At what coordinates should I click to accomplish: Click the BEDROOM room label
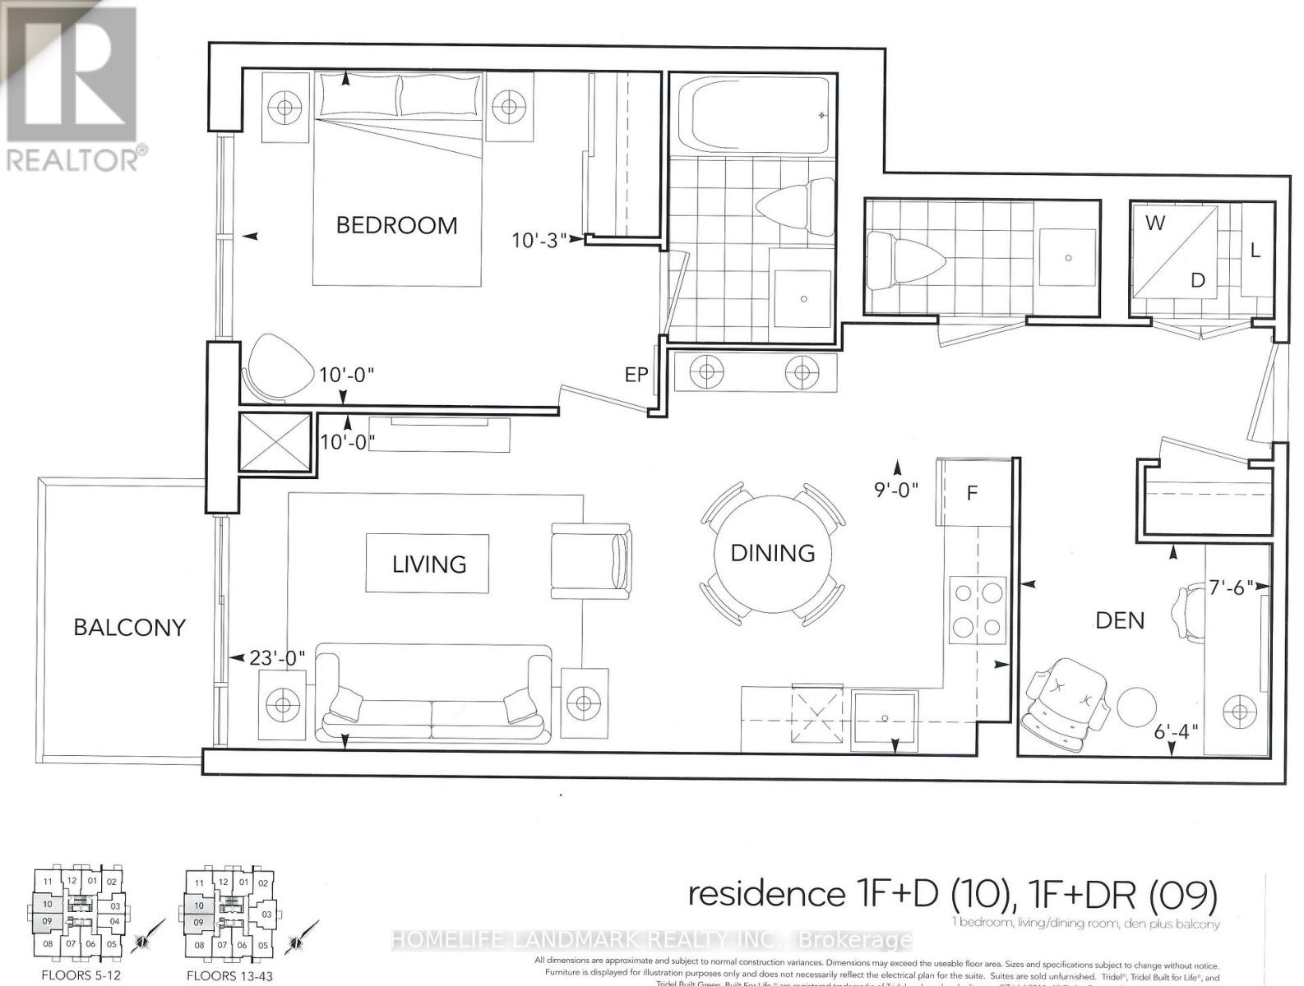point(396,225)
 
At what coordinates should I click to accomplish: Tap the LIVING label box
point(428,564)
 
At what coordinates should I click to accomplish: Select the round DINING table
point(772,552)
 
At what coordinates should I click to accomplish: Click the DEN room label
point(1119,620)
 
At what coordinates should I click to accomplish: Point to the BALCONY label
point(129,627)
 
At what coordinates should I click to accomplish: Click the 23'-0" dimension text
point(278,658)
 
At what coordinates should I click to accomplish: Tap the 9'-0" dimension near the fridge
point(895,490)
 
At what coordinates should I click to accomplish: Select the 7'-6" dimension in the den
point(1231,587)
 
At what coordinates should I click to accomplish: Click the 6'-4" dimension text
point(1176,730)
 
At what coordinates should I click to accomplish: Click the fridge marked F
point(972,493)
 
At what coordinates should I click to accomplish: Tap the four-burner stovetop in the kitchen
point(978,610)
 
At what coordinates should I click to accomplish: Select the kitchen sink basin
point(884,716)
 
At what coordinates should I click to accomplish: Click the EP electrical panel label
point(636,375)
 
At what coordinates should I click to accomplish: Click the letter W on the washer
point(1154,223)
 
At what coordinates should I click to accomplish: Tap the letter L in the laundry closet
point(1255,251)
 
